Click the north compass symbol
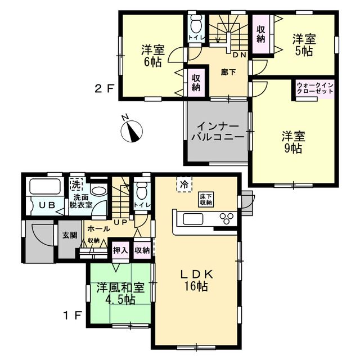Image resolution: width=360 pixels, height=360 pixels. (x=132, y=130)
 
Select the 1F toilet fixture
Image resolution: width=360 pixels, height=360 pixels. (x=141, y=190)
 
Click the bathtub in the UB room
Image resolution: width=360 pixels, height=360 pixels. (x=46, y=186)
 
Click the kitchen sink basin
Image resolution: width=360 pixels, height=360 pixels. (x=193, y=219)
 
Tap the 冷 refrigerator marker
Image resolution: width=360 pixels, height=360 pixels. (x=184, y=184)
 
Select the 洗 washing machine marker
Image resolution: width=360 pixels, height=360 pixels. (x=76, y=184)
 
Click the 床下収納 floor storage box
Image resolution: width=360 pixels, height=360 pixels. (x=206, y=199)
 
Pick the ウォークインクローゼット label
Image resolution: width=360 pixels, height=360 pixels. (x=315, y=88)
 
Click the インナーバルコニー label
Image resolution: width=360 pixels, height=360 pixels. (x=217, y=132)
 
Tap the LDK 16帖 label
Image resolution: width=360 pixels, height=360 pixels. (x=197, y=280)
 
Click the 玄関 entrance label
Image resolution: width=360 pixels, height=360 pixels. (x=70, y=235)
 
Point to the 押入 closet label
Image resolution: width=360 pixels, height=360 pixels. (x=120, y=250)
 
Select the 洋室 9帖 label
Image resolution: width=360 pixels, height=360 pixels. (x=294, y=142)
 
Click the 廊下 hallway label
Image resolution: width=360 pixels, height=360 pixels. (x=228, y=73)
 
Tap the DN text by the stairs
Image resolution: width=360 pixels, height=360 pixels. (x=240, y=55)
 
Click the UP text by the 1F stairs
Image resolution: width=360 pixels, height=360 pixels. (x=120, y=222)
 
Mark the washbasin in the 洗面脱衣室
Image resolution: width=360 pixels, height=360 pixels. (x=99, y=191)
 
